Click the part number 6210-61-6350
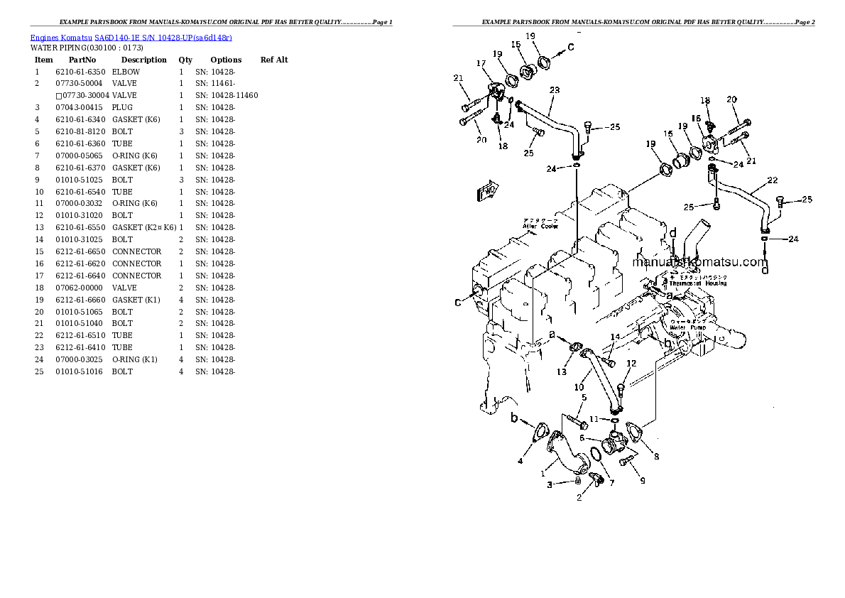pos(80,72)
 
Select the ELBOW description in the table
pos(126,72)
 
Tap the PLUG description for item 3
pos(122,107)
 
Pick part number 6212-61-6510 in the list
pos(80,335)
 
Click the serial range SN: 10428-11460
pos(226,95)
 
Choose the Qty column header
pos(185,60)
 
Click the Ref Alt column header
pos(274,60)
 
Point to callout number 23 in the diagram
pos(555,90)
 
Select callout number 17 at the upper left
pos(481,64)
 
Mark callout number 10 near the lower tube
pos(579,387)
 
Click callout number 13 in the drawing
pos(562,372)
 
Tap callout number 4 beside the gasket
pos(520,462)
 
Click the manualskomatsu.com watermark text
pos(699,262)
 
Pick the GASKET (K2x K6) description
pos(143,227)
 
